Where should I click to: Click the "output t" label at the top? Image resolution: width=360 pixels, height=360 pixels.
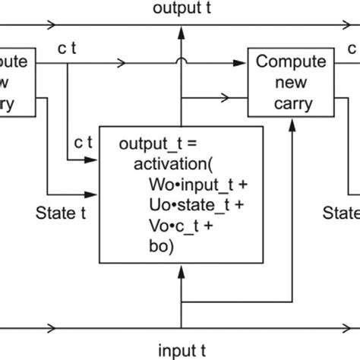pyautogui.click(x=179, y=9)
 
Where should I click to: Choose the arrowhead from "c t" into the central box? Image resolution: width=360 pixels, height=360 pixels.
pyautogui.click(x=96, y=160)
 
